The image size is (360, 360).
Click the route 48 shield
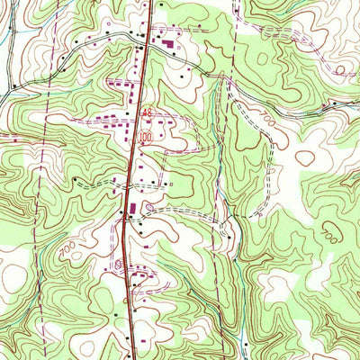click(147, 112)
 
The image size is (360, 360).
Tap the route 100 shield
click(147, 137)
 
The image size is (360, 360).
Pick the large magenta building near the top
click(166, 42)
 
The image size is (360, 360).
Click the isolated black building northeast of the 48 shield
click(181, 78)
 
